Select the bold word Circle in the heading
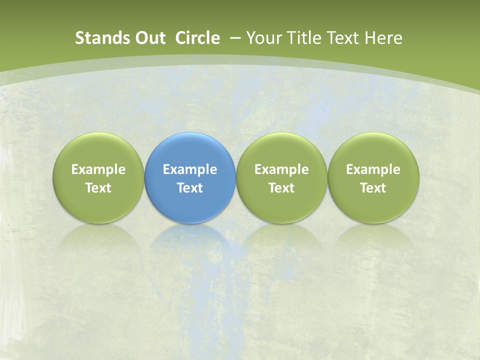pyautogui.click(x=197, y=38)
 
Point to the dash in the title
pyautogui.click(x=235, y=38)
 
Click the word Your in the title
pyautogui.click(x=262, y=38)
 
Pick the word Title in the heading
pyautogui.click(x=301, y=38)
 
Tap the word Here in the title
pyautogui.click(x=383, y=38)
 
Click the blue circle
pyautogui.click(x=189, y=150)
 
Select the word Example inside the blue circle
pyautogui.click(x=189, y=169)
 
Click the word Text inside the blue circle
pyautogui.click(x=189, y=188)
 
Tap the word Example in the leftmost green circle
pyautogui.click(x=98, y=169)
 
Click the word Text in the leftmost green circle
pyautogui.click(x=98, y=188)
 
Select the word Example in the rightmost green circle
pyautogui.click(x=373, y=169)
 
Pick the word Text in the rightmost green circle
pyautogui.click(x=373, y=188)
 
